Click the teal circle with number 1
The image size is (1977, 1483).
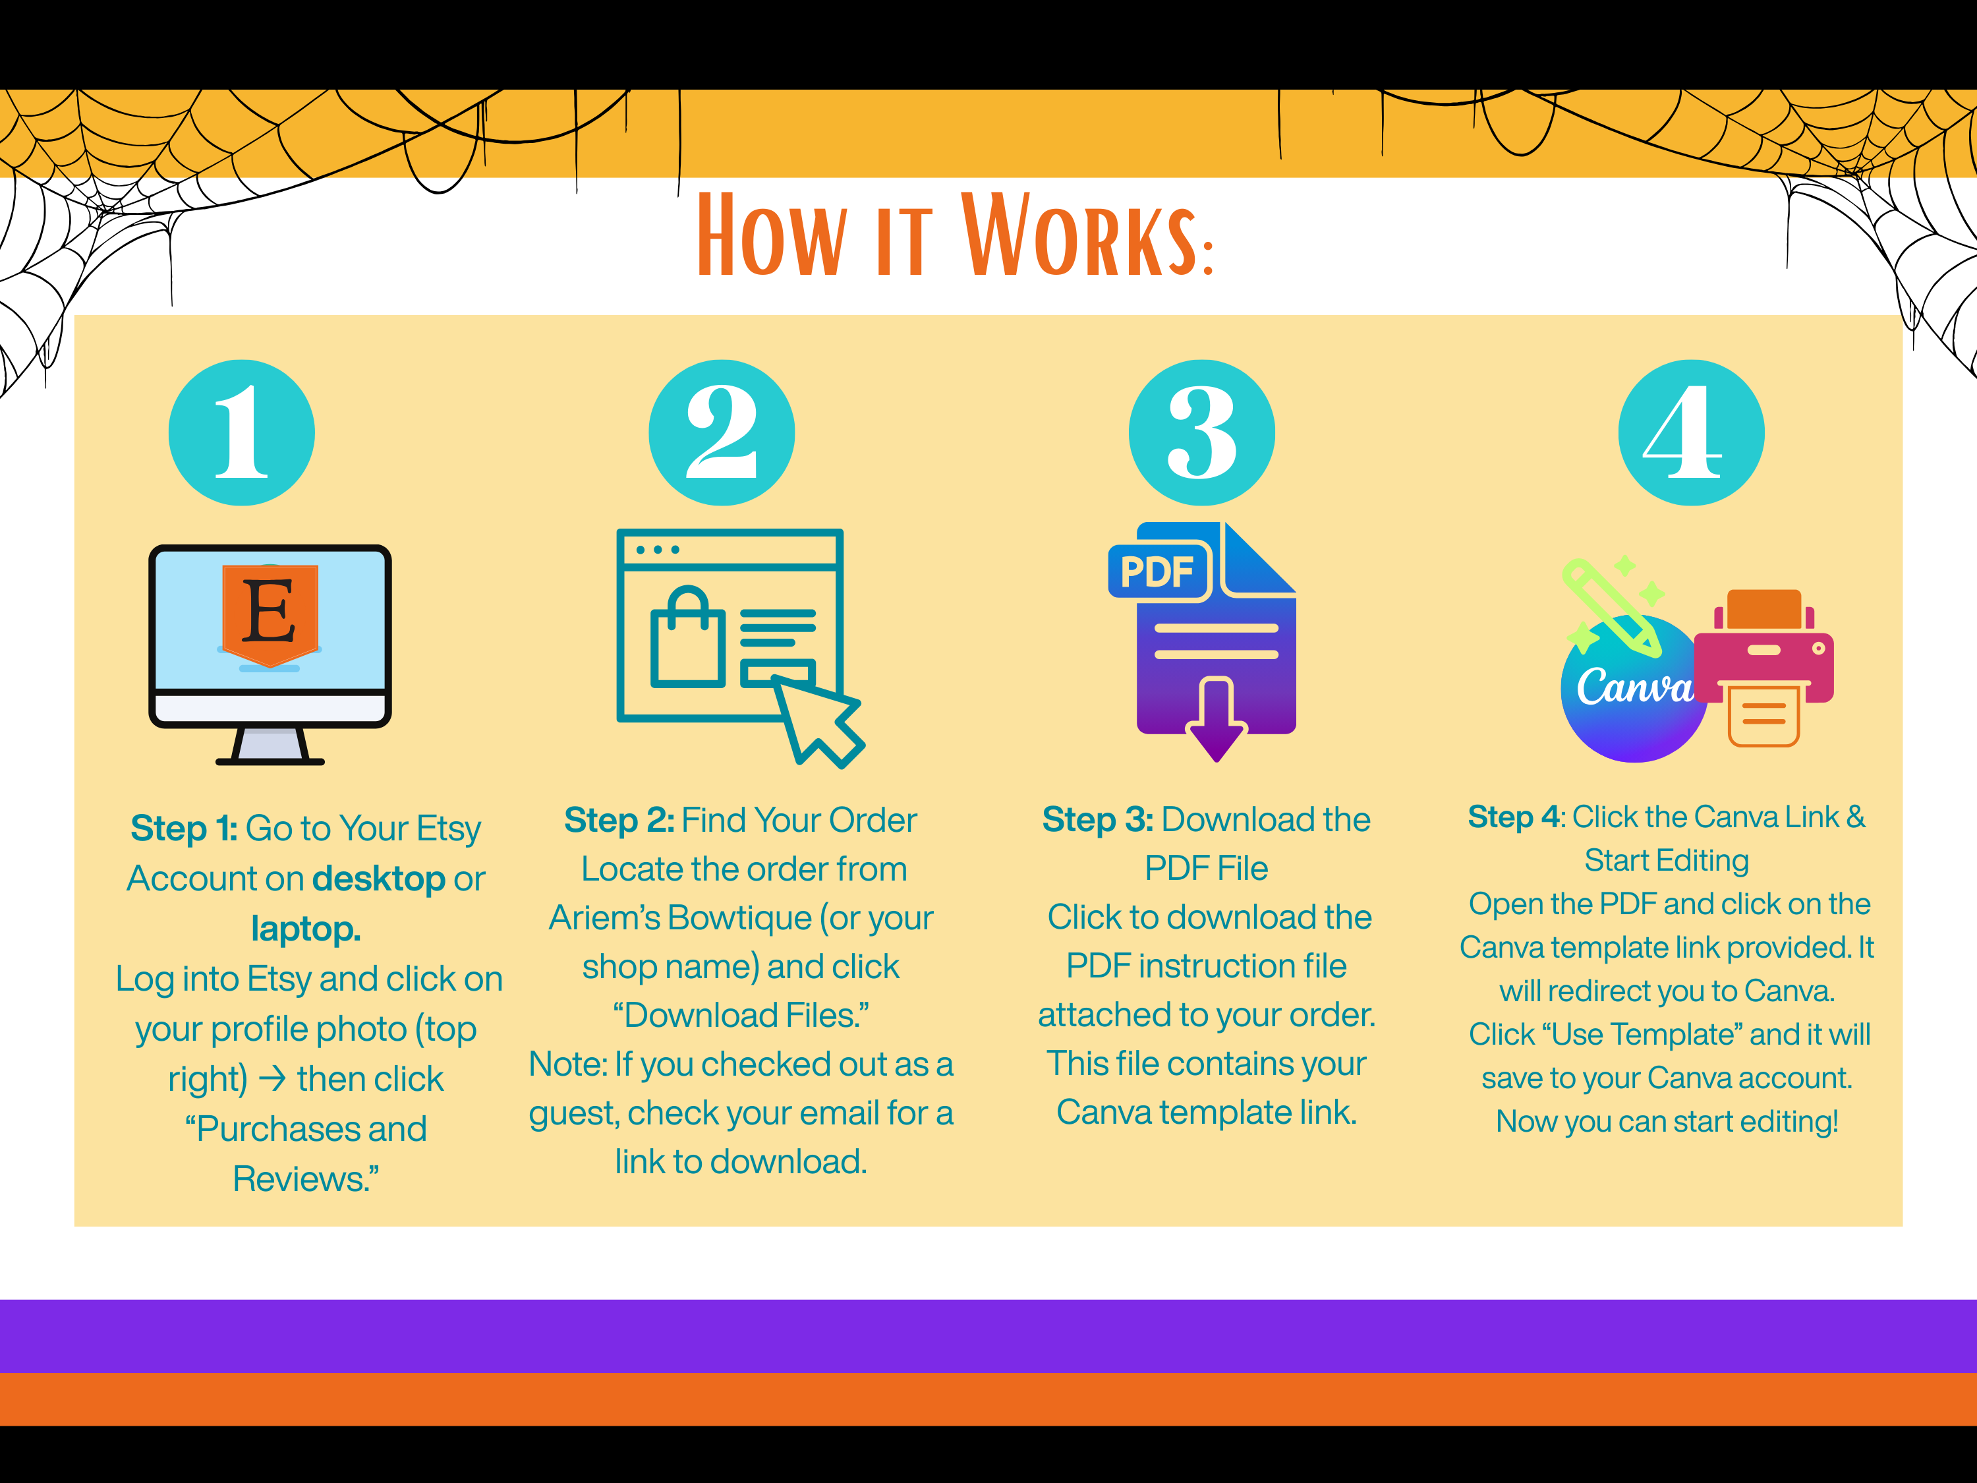(x=241, y=432)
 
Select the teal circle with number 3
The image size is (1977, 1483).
(x=1202, y=432)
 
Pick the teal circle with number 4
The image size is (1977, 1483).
(x=1691, y=432)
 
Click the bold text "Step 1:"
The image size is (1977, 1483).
(x=184, y=829)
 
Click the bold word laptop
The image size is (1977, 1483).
(x=306, y=929)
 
